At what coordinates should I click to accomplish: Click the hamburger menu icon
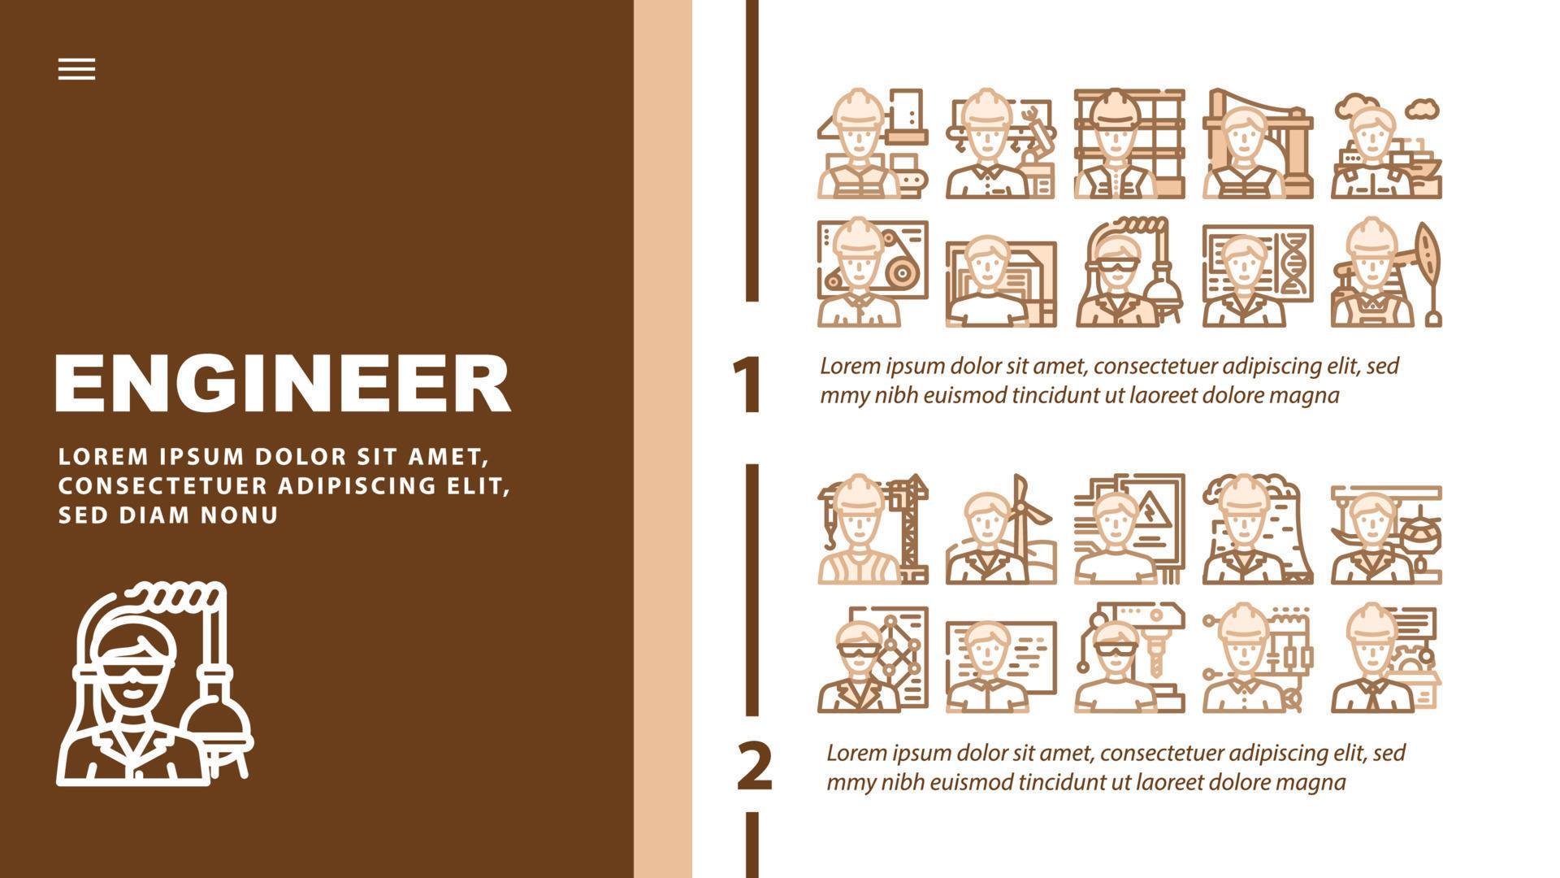[76, 69]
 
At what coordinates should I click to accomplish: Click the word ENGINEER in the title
[282, 383]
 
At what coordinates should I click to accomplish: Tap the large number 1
[747, 385]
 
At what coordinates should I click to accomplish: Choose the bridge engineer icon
[1258, 144]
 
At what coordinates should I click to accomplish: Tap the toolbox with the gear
[1417, 679]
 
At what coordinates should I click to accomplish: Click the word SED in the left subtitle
[80, 515]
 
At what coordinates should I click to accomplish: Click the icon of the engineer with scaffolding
[1129, 144]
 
